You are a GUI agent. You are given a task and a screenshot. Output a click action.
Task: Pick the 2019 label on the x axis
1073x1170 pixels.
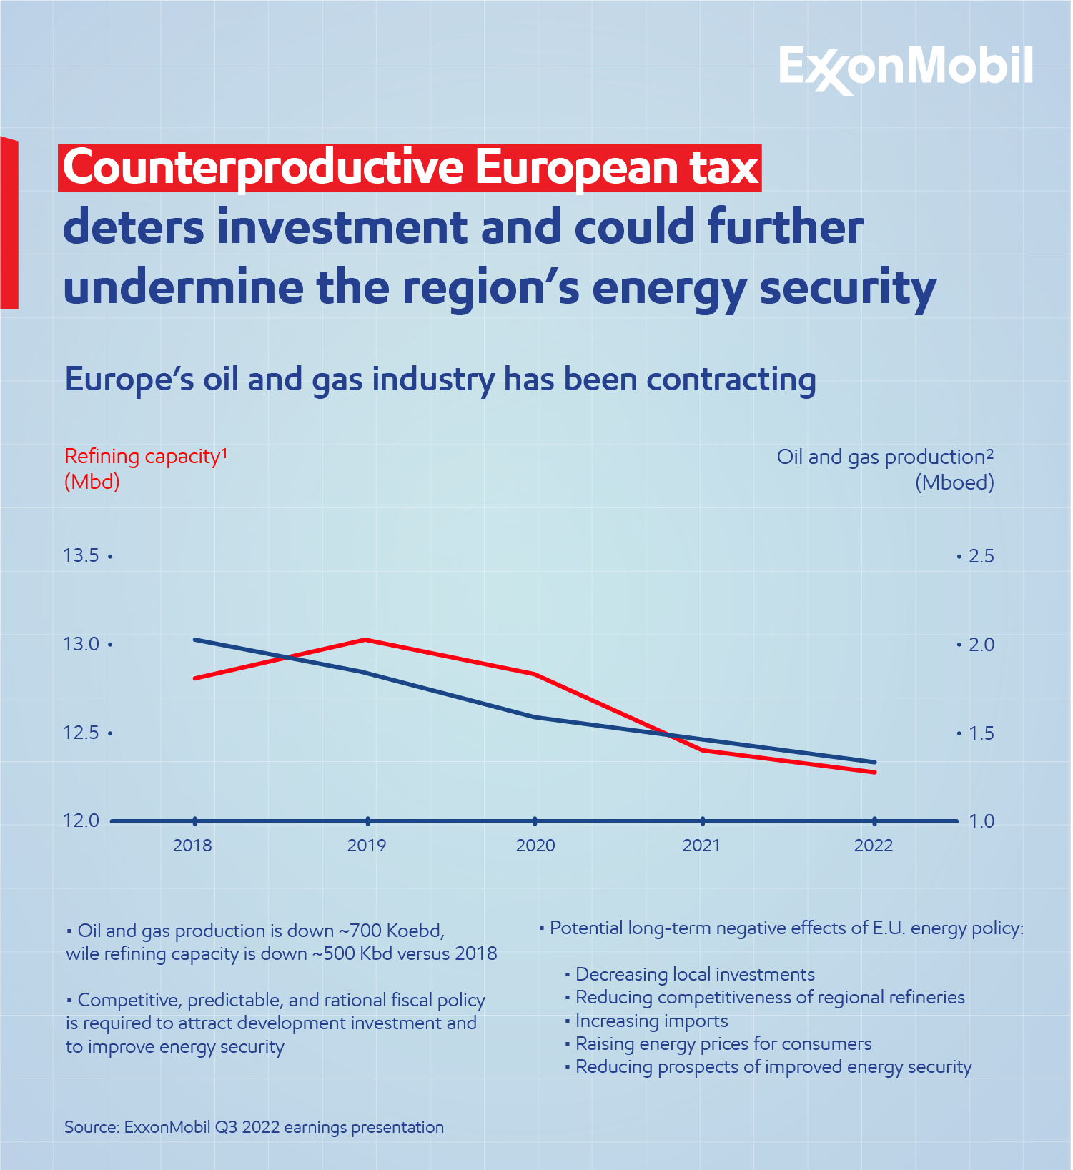(366, 846)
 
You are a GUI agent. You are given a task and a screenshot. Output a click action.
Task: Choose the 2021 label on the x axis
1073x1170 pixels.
(701, 846)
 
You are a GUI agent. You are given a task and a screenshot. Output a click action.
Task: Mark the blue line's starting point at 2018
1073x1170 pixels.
(195, 639)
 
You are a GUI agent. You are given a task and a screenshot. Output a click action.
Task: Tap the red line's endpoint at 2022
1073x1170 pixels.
(875, 772)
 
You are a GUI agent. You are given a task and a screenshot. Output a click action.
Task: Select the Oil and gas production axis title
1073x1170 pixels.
(884, 457)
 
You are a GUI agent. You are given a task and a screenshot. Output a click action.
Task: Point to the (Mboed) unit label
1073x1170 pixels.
(954, 482)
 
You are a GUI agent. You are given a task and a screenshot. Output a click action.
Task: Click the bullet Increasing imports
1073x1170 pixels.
(651, 1021)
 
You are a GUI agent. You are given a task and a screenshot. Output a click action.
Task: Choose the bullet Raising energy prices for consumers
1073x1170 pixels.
(723, 1043)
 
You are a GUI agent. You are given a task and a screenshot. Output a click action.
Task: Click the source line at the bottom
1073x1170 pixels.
(254, 1127)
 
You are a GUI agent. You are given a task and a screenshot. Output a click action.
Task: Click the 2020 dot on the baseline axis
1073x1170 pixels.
(535, 821)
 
